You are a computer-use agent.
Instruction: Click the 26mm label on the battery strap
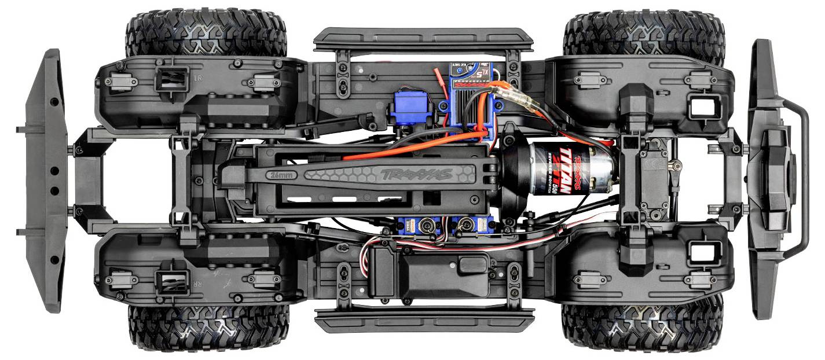pos(282,174)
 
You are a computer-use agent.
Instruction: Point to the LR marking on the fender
pos(197,77)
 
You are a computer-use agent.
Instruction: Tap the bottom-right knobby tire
pos(643,327)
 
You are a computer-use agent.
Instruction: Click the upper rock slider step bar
pos(423,40)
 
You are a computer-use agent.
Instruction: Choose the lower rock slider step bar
pos(423,319)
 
